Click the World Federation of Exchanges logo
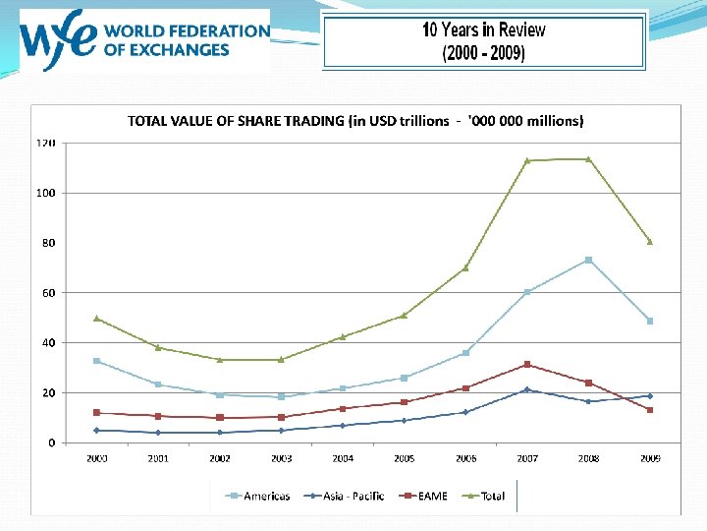143,41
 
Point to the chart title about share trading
355,121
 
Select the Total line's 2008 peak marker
588,159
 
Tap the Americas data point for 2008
588,260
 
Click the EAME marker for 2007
527,365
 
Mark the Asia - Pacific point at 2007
527,389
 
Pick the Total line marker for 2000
96,318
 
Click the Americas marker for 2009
650,321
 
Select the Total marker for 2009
650,241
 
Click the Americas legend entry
258,496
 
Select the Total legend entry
484,496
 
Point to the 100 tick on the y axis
45,193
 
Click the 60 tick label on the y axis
47,293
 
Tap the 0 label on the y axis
51,442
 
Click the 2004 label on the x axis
343,458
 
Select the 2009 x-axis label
650,458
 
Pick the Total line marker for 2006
465,267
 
